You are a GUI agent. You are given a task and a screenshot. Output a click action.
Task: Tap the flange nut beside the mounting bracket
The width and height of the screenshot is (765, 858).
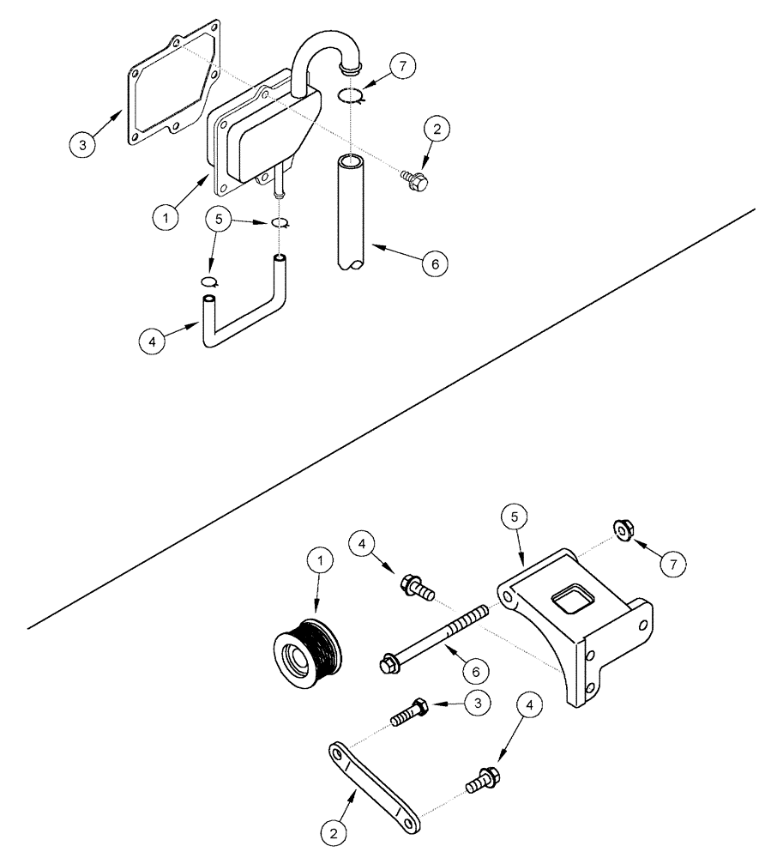point(623,532)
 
